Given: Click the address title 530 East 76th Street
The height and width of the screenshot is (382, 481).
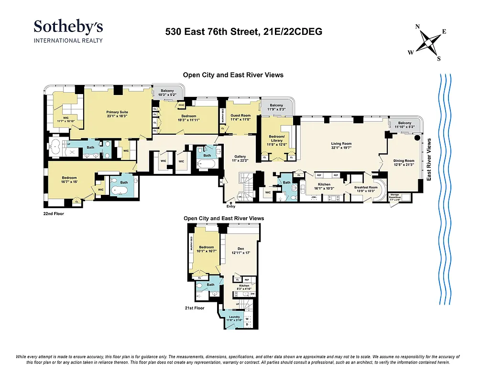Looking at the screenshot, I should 243,32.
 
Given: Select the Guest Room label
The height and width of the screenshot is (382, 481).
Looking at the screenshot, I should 240,117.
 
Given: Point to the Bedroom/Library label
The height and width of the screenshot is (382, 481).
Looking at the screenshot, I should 277,139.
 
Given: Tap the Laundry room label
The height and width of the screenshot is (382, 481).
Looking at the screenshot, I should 234,318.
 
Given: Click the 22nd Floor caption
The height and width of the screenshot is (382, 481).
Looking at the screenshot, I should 54,213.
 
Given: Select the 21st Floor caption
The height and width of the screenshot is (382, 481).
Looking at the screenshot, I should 194,308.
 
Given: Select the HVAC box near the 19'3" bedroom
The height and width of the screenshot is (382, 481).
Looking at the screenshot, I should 182,105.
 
